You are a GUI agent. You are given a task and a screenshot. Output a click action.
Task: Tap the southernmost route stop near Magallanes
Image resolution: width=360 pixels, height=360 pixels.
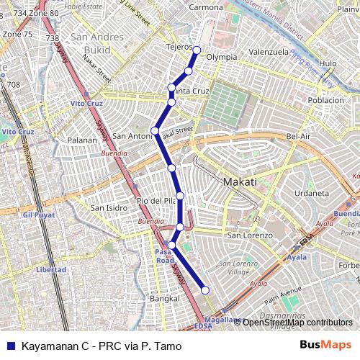[x=205, y=290]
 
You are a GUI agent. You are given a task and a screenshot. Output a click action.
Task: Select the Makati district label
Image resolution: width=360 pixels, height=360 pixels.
[x=240, y=182]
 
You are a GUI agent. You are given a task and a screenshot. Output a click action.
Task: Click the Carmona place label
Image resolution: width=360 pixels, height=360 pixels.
[x=206, y=7]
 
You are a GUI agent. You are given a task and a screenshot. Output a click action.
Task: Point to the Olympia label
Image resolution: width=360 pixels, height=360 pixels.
[x=222, y=57]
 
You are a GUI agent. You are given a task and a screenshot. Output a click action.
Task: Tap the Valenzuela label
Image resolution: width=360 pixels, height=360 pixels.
[x=269, y=53]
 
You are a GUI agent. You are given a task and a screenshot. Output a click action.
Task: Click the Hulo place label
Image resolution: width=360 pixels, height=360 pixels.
[x=328, y=63]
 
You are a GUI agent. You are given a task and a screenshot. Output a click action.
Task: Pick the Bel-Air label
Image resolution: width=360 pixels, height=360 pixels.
[x=298, y=136]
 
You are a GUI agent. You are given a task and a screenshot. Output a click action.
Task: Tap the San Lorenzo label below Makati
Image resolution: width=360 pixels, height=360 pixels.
[x=250, y=235]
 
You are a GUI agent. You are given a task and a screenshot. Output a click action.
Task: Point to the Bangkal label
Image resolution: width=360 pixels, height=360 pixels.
[x=163, y=297]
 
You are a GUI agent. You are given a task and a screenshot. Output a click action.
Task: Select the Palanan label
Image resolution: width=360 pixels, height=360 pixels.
[x=81, y=140]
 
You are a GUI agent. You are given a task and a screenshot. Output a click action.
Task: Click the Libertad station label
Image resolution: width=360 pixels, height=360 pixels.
[x=50, y=269]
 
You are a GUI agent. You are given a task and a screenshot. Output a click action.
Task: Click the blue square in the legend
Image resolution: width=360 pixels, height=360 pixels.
[x=10, y=346]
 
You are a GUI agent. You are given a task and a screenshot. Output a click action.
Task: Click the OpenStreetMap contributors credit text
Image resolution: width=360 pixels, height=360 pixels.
[x=297, y=323]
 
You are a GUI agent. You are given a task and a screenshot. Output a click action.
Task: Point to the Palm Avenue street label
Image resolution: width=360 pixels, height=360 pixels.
[x=283, y=293]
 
